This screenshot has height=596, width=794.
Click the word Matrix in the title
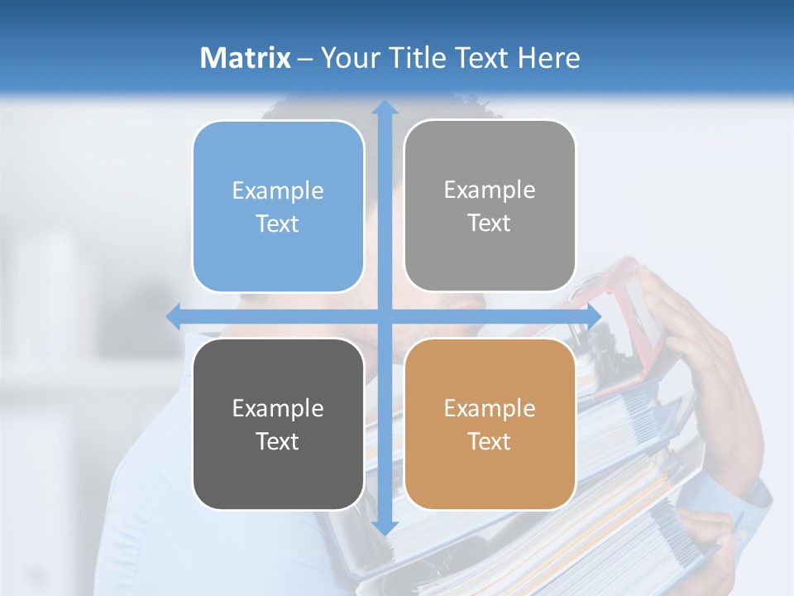pos(246,58)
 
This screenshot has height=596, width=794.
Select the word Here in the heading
pos(548,58)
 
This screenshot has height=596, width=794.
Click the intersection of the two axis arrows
pos(384,316)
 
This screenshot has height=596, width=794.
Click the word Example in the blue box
pos(278,191)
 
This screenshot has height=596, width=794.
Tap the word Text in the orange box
pos(490,441)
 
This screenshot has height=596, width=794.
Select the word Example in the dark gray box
pos(278,408)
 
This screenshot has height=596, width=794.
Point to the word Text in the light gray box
pos(490,223)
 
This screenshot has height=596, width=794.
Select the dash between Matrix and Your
pos(305,59)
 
